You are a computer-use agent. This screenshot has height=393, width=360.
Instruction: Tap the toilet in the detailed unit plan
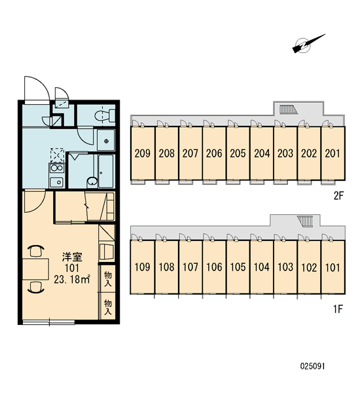[105, 115]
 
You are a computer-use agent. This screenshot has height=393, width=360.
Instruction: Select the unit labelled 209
[142, 153]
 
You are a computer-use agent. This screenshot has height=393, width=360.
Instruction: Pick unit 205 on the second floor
[238, 153]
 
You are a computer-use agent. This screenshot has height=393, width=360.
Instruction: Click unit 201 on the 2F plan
[333, 153]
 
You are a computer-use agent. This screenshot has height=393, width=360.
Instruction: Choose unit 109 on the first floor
[142, 267]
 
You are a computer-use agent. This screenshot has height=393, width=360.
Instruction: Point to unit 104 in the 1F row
[262, 267]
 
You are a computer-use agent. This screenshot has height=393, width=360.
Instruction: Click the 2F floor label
[338, 196]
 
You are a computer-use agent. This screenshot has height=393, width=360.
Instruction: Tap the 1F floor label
[338, 309]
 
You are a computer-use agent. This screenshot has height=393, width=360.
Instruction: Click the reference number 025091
[312, 366]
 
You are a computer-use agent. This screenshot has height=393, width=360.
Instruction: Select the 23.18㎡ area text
[72, 279]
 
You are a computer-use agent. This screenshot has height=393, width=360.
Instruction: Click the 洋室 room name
[72, 257]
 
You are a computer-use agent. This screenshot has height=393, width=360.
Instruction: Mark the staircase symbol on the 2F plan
[289, 109]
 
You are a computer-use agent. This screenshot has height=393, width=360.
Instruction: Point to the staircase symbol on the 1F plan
[306, 221]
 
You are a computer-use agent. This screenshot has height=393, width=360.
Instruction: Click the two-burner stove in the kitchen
[57, 168]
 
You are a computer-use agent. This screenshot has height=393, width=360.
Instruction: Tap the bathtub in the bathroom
[106, 171]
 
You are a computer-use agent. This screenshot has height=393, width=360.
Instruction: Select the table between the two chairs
[35, 269]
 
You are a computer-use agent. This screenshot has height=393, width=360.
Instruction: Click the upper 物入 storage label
[108, 279]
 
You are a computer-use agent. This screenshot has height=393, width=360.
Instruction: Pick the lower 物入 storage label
[108, 307]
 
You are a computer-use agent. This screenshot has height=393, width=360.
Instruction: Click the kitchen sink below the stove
[57, 182]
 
